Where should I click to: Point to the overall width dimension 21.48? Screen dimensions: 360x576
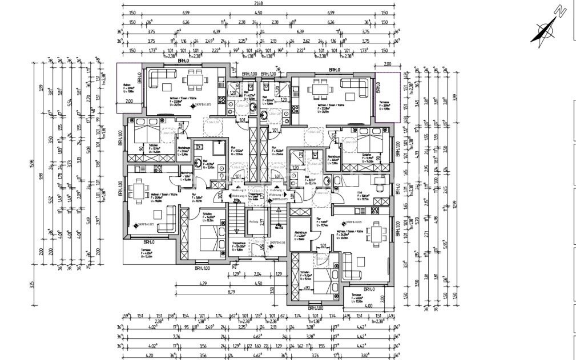253,5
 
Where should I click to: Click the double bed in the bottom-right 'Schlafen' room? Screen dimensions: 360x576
318,281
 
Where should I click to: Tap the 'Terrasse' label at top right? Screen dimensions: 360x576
385,103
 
